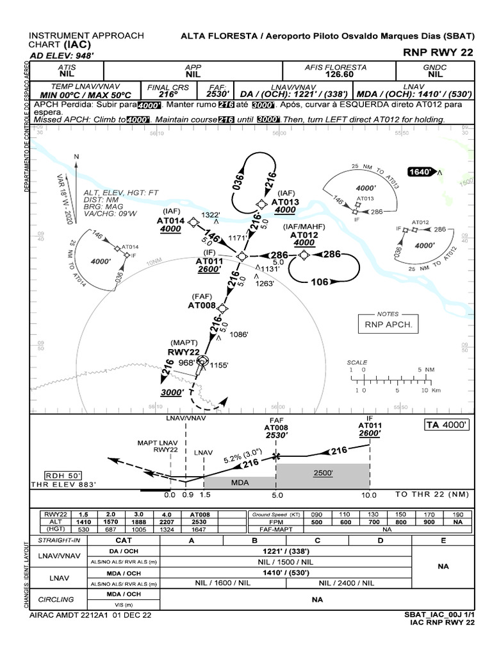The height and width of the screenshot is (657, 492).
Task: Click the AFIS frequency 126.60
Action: point(336,74)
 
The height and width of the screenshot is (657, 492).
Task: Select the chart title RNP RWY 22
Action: point(439,52)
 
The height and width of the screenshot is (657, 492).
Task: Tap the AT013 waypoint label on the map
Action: point(284,201)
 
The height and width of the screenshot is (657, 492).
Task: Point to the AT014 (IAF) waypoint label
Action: point(170,221)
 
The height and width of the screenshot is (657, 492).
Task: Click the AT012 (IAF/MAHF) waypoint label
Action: point(304,235)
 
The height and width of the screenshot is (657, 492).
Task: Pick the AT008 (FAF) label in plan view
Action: point(202,305)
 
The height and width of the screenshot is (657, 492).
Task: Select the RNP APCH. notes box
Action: point(388,325)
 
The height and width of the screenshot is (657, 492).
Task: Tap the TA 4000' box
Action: point(447,425)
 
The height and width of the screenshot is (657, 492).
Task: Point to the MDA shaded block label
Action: point(240,482)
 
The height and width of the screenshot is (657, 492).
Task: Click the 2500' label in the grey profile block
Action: point(323,473)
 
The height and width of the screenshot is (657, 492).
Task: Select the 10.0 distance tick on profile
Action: point(368,495)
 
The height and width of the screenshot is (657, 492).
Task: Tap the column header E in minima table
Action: point(442,541)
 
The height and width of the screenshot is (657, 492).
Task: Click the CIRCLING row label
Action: point(56,599)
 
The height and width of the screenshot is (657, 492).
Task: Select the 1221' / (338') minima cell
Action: point(285,550)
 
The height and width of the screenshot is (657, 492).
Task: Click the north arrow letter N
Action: point(76,156)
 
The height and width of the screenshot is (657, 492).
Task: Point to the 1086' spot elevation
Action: point(238,334)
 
